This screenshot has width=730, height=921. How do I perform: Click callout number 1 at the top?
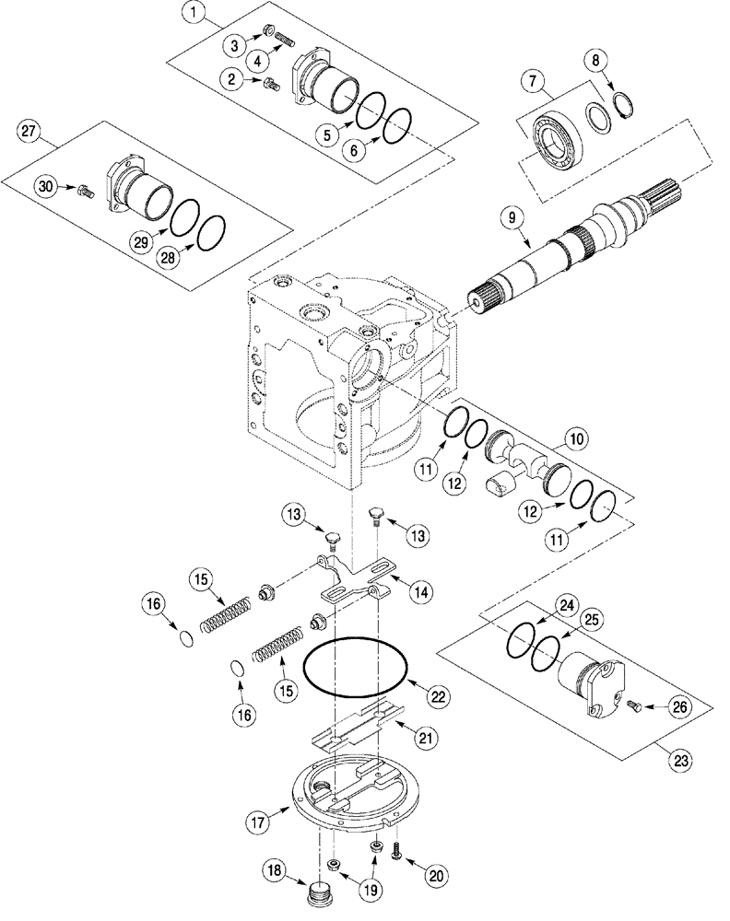pyautogui.click(x=193, y=14)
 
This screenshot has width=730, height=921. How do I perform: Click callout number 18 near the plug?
pyautogui.click(x=277, y=872)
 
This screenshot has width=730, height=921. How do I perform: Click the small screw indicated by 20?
pyautogui.click(x=396, y=854)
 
